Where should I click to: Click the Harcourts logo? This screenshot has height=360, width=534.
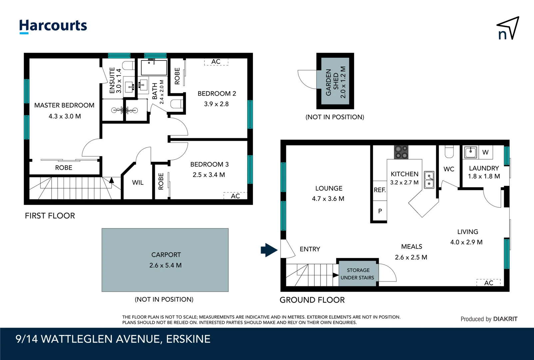point(53,26)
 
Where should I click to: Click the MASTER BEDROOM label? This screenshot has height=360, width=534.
point(64,105)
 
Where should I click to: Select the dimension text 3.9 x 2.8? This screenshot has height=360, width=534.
point(216,104)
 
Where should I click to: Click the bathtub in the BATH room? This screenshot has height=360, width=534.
point(154,68)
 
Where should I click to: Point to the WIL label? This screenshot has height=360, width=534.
point(138,183)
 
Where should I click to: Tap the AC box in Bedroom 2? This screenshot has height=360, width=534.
point(216,62)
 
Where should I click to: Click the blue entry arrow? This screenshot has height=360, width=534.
point(269,250)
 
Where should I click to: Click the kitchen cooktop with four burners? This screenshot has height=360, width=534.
point(401,152)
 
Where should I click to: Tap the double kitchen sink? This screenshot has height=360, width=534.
point(429,180)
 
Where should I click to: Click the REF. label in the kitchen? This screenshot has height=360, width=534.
point(379,190)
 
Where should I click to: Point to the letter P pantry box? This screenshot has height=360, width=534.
point(380,211)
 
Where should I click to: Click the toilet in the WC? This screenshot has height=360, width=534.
point(449,152)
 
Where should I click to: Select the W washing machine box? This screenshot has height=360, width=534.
point(485,152)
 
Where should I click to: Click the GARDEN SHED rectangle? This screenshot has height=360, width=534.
point(335,81)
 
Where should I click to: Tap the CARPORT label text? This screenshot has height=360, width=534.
point(166,255)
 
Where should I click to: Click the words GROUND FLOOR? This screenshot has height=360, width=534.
point(312,300)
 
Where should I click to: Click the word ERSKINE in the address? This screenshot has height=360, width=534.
point(188,339)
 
